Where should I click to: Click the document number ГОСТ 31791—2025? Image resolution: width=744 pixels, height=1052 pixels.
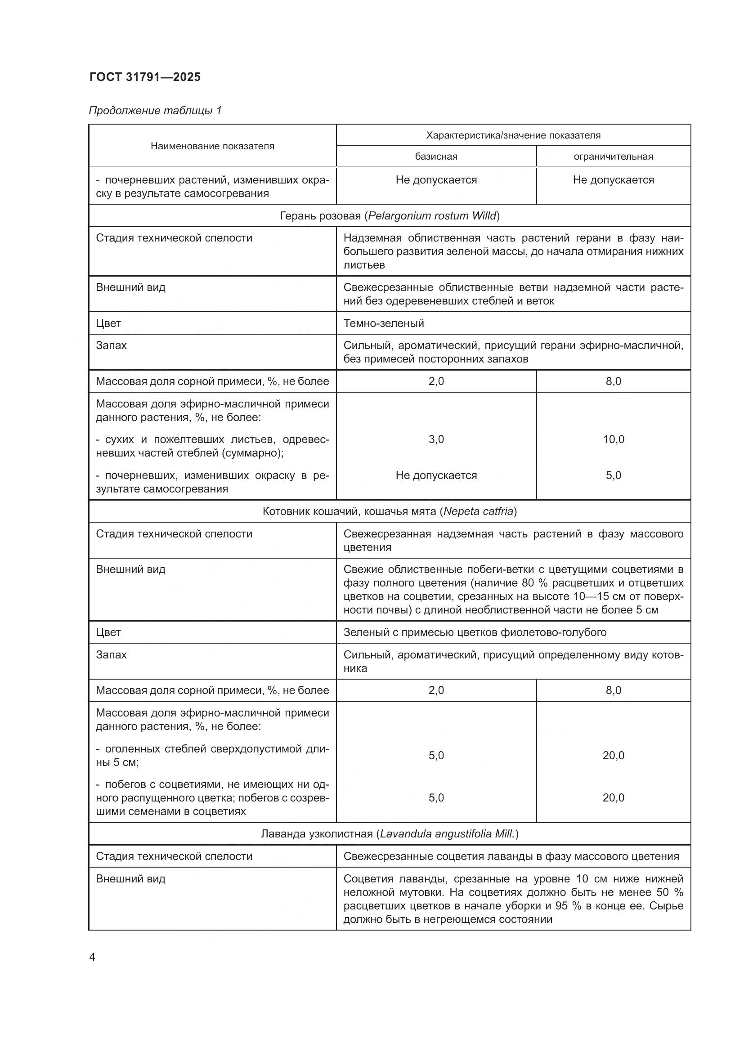tap(145, 77)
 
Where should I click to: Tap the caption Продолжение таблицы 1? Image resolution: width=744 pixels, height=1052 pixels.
tap(155, 111)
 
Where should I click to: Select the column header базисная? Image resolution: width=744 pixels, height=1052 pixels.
tap(436, 157)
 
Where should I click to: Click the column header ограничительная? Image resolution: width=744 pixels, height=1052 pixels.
tap(613, 157)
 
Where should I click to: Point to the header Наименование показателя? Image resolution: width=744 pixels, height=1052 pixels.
tap(212, 146)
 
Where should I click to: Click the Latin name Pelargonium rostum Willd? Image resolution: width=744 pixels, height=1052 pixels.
tap(432, 216)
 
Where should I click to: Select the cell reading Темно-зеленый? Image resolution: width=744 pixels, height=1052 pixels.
tap(383, 323)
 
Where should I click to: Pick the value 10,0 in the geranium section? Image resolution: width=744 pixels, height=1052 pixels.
tap(613, 439)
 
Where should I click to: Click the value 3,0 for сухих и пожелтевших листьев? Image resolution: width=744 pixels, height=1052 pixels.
tap(436, 439)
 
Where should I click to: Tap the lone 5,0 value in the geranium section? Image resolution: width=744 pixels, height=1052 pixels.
tap(613, 475)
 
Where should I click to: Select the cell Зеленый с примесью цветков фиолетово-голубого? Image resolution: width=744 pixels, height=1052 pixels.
tap(475, 632)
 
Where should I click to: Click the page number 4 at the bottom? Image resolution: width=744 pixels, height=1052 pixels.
tap(92, 957)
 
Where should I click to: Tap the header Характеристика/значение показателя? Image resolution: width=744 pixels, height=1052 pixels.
tap(513, 136)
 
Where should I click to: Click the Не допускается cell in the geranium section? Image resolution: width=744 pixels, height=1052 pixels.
tap(436, 475)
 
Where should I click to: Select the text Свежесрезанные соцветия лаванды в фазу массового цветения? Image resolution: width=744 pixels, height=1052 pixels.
tap(511, 856)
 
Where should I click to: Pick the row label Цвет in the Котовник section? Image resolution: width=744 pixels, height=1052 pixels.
tap(108, 632)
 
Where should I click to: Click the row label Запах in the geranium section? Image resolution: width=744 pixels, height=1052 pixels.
tap(111, 345)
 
